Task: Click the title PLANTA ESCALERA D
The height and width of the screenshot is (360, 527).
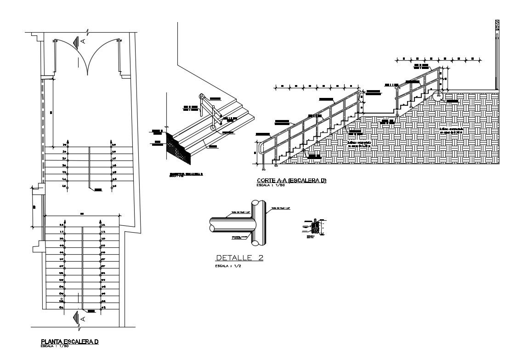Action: click(70, 341)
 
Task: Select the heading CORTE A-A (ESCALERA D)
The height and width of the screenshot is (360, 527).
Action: click(291, 181)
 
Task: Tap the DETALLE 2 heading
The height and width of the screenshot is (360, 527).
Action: click(239, 258)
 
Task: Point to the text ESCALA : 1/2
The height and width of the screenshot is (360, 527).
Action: click(228, 266)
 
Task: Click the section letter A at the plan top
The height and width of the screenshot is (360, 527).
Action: click(83, 41)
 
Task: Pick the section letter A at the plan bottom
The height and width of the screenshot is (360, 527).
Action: click(83, 318)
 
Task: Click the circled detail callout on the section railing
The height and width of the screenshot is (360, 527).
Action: click(437, 96)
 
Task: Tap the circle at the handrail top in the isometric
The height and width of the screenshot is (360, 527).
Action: click(201, 96)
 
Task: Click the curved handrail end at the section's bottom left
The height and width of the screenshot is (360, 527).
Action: click(261, 148)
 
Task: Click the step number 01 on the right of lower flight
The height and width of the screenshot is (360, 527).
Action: click(104, 307)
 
